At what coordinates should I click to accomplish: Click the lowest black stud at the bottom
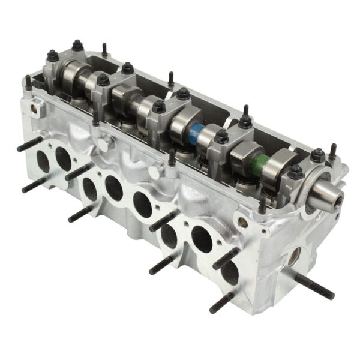point(223,302)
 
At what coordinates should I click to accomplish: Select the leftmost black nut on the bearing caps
point(53,56)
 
